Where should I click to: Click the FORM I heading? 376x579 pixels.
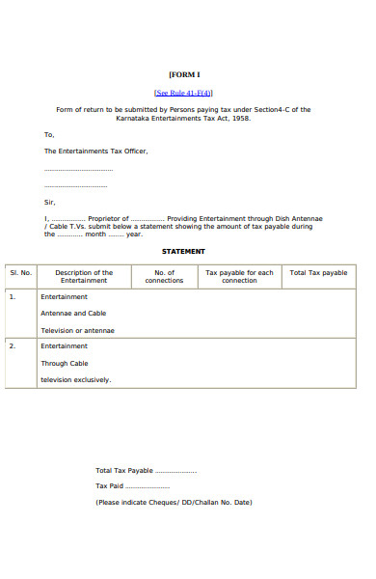[x=184, y=74]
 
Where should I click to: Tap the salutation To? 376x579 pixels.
[x=50, y=135]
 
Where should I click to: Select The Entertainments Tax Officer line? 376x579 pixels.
[x=96, y=152]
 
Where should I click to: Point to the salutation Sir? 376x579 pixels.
[x=50, y=202]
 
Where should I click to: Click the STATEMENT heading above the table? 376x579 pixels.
[x=183, y=251]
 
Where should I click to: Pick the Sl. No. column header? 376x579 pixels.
[x=21, y=273]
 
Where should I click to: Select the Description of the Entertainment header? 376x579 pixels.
[x=84, y=277]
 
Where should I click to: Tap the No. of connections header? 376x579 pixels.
[x=164, y=277]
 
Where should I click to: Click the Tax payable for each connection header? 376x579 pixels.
[x=239, y=277]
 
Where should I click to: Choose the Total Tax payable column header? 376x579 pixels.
[x=318, y=273]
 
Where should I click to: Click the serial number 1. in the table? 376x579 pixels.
[x=13, y=297]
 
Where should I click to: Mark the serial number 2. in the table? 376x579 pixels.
[x=13, y=345]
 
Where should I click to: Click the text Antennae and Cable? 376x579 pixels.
[x=73, y=314]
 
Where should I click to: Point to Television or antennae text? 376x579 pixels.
[x=77, y=330]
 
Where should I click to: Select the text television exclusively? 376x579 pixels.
[x=75, y=379]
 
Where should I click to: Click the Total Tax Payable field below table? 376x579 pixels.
[x=146, y=470]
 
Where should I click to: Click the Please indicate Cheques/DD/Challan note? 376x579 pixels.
[x=174, y=503]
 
